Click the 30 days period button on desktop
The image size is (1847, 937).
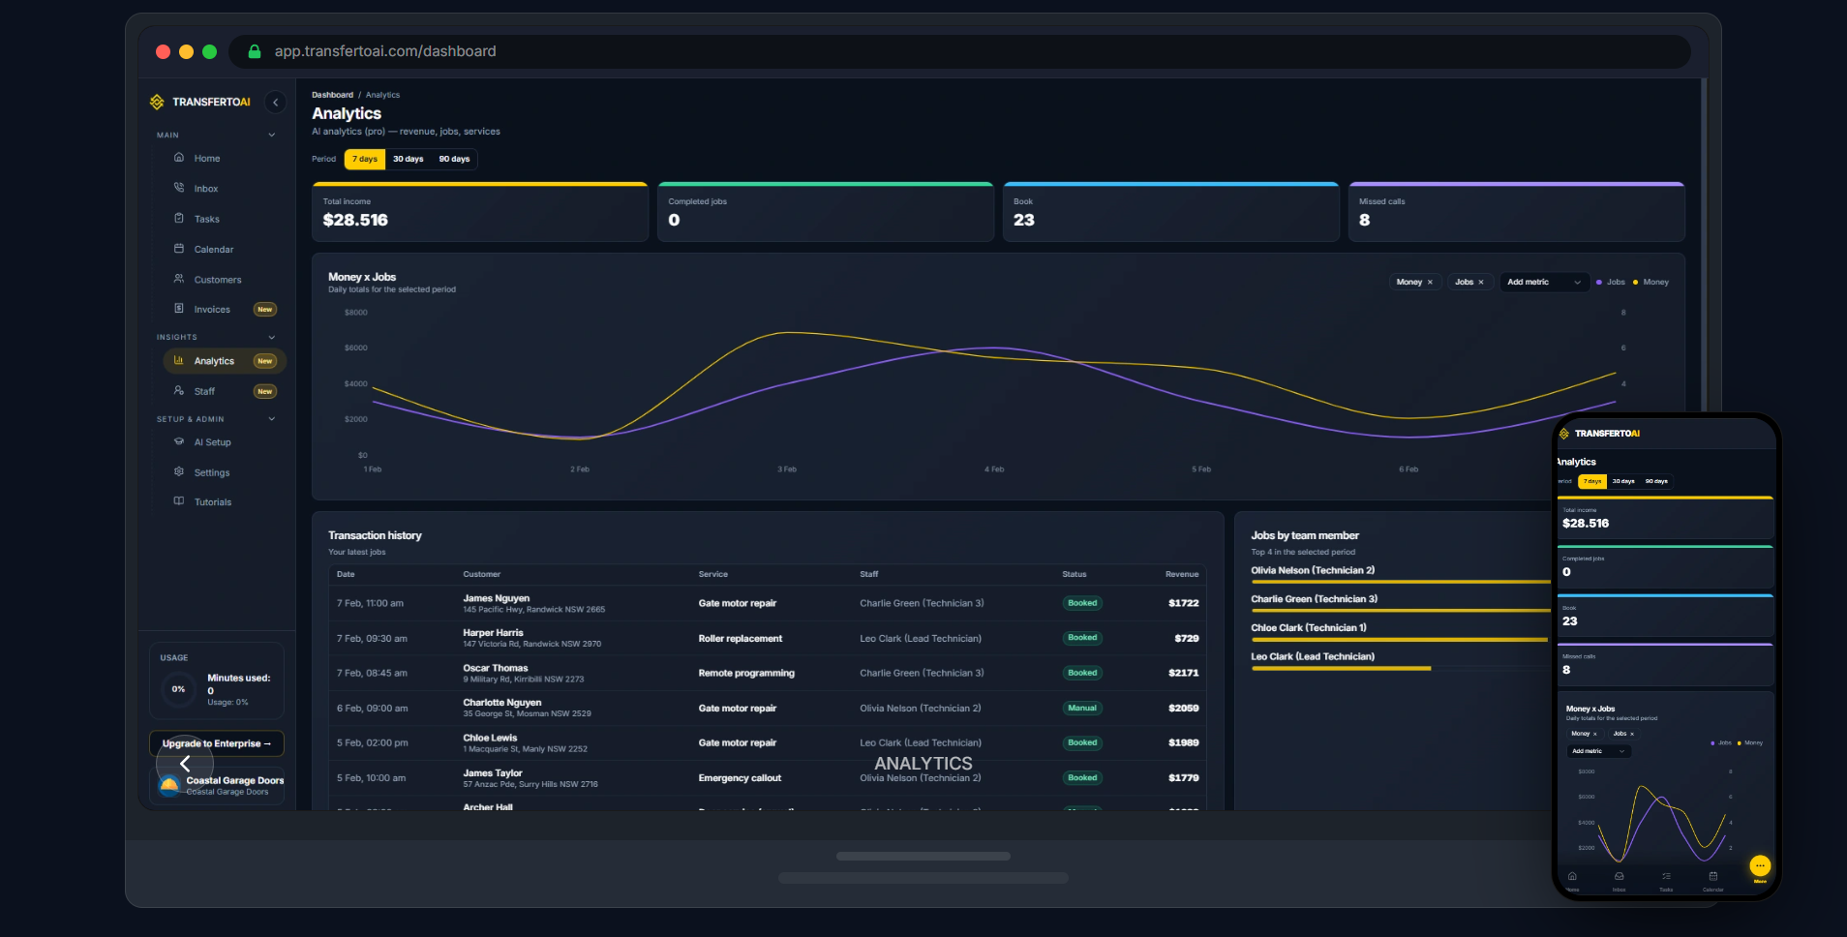click(408, 159)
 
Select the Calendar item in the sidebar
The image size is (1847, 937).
click(213, 250)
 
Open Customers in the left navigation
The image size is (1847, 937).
click(217, 280)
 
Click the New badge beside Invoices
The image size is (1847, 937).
click(264, 310)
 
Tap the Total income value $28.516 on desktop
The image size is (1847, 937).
click(355, 221)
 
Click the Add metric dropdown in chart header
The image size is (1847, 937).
click(1543, 283)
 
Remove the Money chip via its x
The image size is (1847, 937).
click(1430, 283)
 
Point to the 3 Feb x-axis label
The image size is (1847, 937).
click(787, 469)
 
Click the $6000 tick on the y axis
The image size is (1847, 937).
click(355, 348)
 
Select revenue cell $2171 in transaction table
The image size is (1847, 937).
click(1183, 673)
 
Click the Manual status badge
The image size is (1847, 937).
click(1081, 709)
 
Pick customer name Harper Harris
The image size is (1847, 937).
click(493, 633)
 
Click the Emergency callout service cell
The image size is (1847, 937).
click(740, 778)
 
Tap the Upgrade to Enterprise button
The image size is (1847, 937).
click(216, 743)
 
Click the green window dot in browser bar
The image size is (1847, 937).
click(209, 51)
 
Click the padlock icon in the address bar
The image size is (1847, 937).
click(255, 51)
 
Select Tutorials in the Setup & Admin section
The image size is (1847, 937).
click(212, 502)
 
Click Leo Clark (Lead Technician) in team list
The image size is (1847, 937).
click(1312, 656)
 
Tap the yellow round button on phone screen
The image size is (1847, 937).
click(1759, 865)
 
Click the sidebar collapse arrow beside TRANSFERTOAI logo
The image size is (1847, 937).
click(276, 102)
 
